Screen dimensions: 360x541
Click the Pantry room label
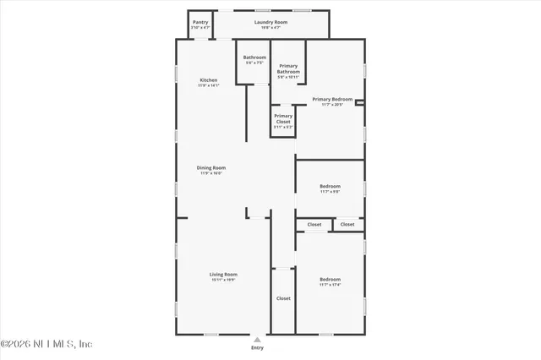200,22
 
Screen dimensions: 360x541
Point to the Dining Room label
211,167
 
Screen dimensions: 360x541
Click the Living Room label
224,274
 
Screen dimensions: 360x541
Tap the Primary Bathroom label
288,68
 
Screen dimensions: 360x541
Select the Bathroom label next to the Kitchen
254,57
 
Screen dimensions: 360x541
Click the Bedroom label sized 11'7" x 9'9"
330,186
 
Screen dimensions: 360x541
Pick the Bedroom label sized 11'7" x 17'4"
330,279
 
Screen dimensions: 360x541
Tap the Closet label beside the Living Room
283,298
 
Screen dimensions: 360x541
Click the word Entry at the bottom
257,347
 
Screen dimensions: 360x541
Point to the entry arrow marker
257,338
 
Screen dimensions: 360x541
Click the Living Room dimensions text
224,280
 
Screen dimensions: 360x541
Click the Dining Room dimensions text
211,173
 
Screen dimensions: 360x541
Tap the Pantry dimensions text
200,28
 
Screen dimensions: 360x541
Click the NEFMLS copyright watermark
46,344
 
